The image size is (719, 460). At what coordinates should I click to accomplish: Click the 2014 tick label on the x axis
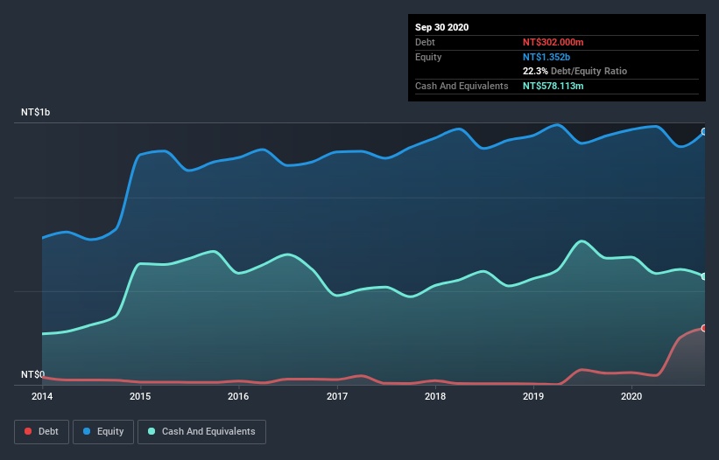pos(41,396)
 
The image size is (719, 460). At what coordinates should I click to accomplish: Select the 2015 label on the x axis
pos(139,396)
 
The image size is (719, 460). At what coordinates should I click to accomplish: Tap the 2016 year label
pos(238,396)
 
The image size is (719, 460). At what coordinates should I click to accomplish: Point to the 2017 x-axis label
pos(336,396)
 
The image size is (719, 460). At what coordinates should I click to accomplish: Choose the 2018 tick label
pos(435,396)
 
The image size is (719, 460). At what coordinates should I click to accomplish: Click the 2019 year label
pos(533,396)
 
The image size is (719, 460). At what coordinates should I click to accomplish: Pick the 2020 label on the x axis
pos(631,396)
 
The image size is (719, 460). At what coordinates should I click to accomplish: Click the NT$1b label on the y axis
pos(36,113)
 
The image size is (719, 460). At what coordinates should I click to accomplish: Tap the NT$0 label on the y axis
pos(32,374)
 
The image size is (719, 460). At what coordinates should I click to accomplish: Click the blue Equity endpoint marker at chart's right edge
pos(704,132)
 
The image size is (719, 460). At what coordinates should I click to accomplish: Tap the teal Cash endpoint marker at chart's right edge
pos(704,276)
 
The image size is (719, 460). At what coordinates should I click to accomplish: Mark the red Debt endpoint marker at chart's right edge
pos(704,328)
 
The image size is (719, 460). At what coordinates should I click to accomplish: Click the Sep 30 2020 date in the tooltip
pos(441,27)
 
